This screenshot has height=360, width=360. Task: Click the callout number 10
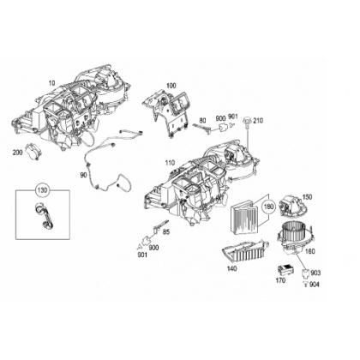[51, 83]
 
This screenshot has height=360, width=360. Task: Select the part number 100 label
[171, 86]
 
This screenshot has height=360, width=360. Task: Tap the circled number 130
[42, 190]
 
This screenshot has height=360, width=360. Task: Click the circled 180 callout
[269, 207]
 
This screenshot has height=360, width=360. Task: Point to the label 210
[258, 121]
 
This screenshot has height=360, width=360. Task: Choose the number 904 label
[315, 285]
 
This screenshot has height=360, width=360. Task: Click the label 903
[315, 273]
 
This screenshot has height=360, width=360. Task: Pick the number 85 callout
[166, 232]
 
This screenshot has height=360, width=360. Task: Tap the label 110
[170, 163]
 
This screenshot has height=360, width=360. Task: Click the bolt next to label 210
[246, 123]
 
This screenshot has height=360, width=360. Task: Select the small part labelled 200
[34, 150]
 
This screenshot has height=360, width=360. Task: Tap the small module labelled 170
[285, 270]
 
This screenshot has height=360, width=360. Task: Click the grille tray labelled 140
[245, 251]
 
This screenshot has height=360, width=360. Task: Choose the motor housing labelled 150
[291, 204]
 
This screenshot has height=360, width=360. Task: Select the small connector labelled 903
[305, 273]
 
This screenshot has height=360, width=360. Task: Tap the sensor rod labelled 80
[202, 128]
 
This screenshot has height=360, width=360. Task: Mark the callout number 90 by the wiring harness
[83, 175]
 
